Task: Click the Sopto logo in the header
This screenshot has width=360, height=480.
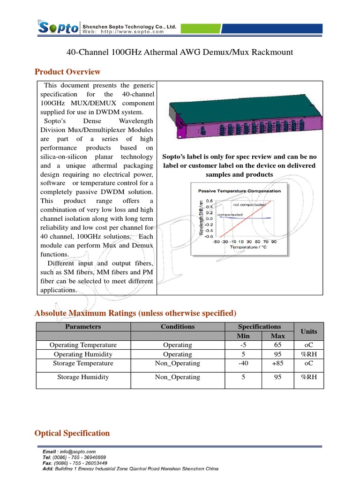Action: tap(58, 28)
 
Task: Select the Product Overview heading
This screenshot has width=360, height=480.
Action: tap(67, 72)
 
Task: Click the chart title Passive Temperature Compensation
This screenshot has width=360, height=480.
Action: tap(240, 191)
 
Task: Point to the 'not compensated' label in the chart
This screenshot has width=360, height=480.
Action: tap(249, 204)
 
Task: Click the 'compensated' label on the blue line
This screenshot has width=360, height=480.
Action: tap(230, 214)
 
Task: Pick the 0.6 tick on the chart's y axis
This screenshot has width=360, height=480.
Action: tap(209, 201)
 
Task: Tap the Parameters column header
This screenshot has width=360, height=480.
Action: tap(83, 326)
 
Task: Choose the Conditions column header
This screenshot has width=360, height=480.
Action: tap(177, 326)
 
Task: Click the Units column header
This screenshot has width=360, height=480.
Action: tap(308, 331)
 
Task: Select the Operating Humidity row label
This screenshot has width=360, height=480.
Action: tap(83, 354)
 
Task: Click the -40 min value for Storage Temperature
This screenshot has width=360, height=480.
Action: tap(243, 363)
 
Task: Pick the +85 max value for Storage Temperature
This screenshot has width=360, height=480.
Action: tap(277, 363)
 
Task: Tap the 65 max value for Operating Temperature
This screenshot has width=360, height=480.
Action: tap(277, 345)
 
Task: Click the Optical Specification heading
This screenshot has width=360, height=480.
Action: tap(72, 433)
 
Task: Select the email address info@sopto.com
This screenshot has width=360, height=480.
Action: tap(77, 451)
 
